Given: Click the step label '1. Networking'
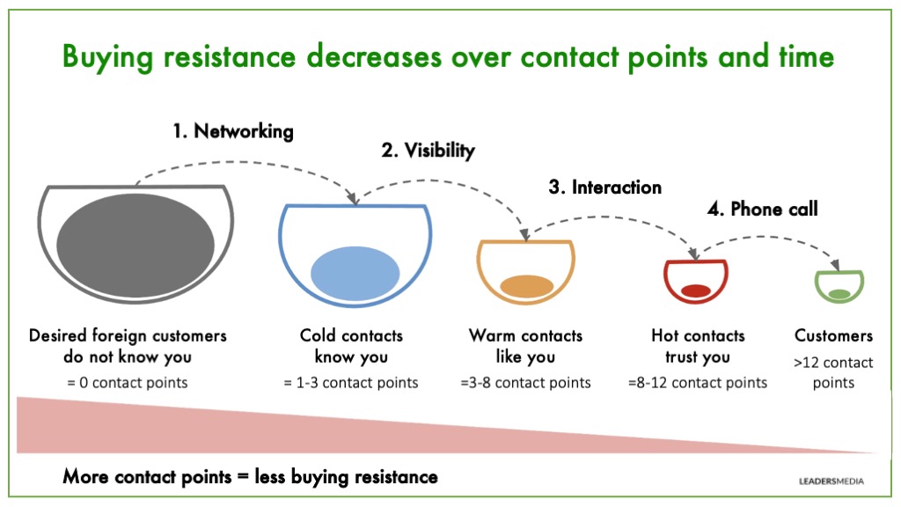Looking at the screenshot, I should pyautogui.click(x=232, y=132).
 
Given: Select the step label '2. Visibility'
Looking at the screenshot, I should pyautogui.click(x=428, y=151).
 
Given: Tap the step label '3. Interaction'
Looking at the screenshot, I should pyautogui.click(x=604, y=187).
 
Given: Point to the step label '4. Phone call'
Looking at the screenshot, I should pyautogui.click(x=763, y=209).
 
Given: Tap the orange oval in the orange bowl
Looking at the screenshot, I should pyautogui.click(x=525, y=285).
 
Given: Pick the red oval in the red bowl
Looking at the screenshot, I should pyautogui.click(x=695, y=290).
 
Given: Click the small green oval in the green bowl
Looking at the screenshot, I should pyautogui.click(x=839, y=293).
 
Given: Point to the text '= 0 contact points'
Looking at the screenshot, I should pyautogui.click(x=128, y=383).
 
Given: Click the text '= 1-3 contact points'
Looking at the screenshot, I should pyautogui.click(x=351, y=383).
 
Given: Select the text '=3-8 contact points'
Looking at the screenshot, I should pyautogui.click(x=525, y=383).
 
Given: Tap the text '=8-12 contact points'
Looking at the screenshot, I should pyautogui.click(x=698, y=383).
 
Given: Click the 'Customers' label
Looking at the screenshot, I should pyautogui.click(x=833, y=335).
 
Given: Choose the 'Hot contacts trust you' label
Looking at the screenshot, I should pyautogui.click(x=698, y=347).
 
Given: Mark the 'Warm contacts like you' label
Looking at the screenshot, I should pyautogui.click(x=525, y=347).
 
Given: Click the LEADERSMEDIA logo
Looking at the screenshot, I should pyautogui.click(x=824, y=481).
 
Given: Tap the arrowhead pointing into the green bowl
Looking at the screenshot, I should pyautogui.click(x=837, y=266).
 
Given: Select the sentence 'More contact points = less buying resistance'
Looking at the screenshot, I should pyautogui.click(x=250, y=477).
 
